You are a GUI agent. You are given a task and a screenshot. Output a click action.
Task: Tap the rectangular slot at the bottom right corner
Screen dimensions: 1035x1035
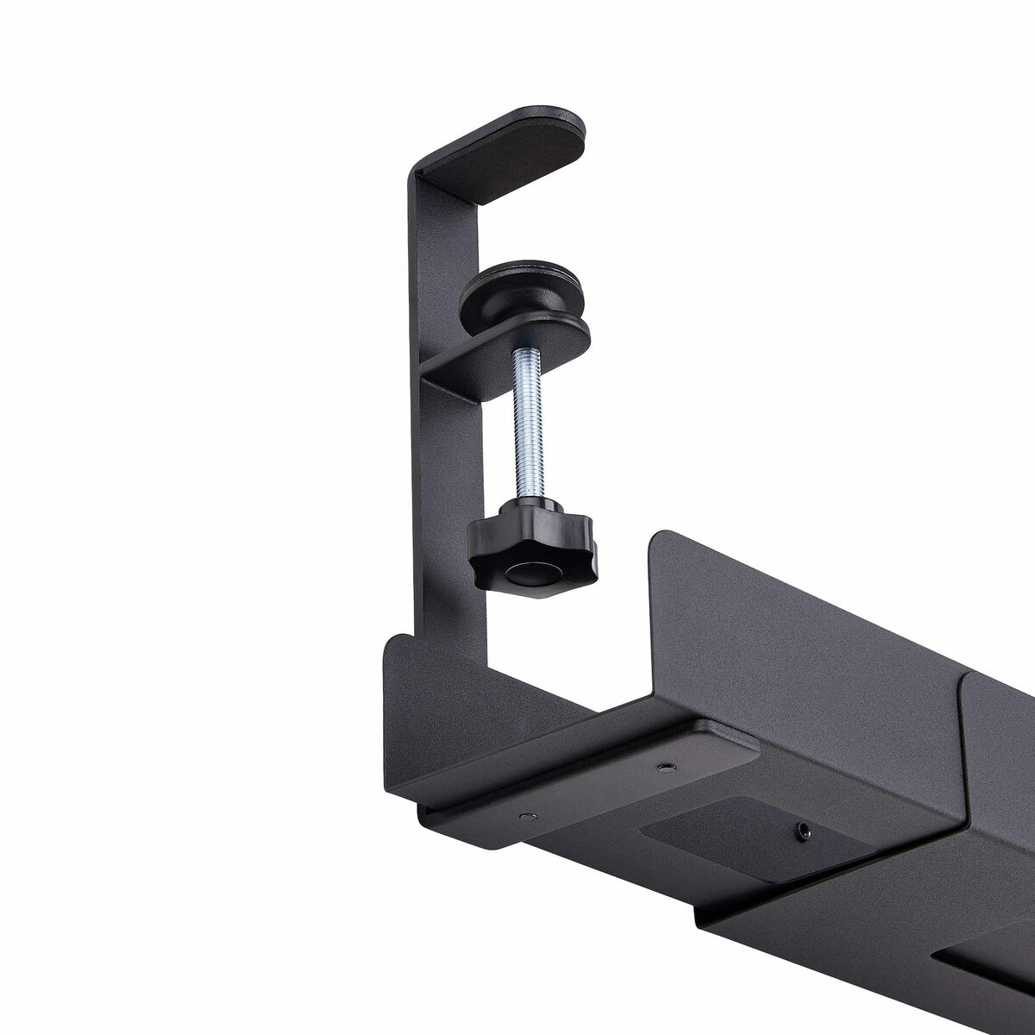[983, 983]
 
